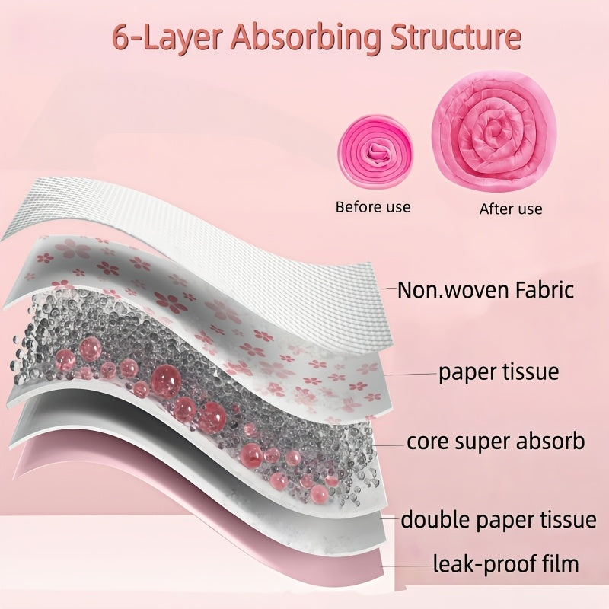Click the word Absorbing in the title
(306, 37)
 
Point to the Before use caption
(373, 206)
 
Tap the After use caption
(510, 209)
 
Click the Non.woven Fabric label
(486, 290)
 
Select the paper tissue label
(499, 372)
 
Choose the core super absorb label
(496, 442)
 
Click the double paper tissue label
(499, 520)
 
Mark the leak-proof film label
(505, 564)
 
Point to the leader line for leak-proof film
(407, 566)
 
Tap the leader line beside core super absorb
(388, 445)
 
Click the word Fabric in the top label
(544, 290)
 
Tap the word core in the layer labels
(427, 442)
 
